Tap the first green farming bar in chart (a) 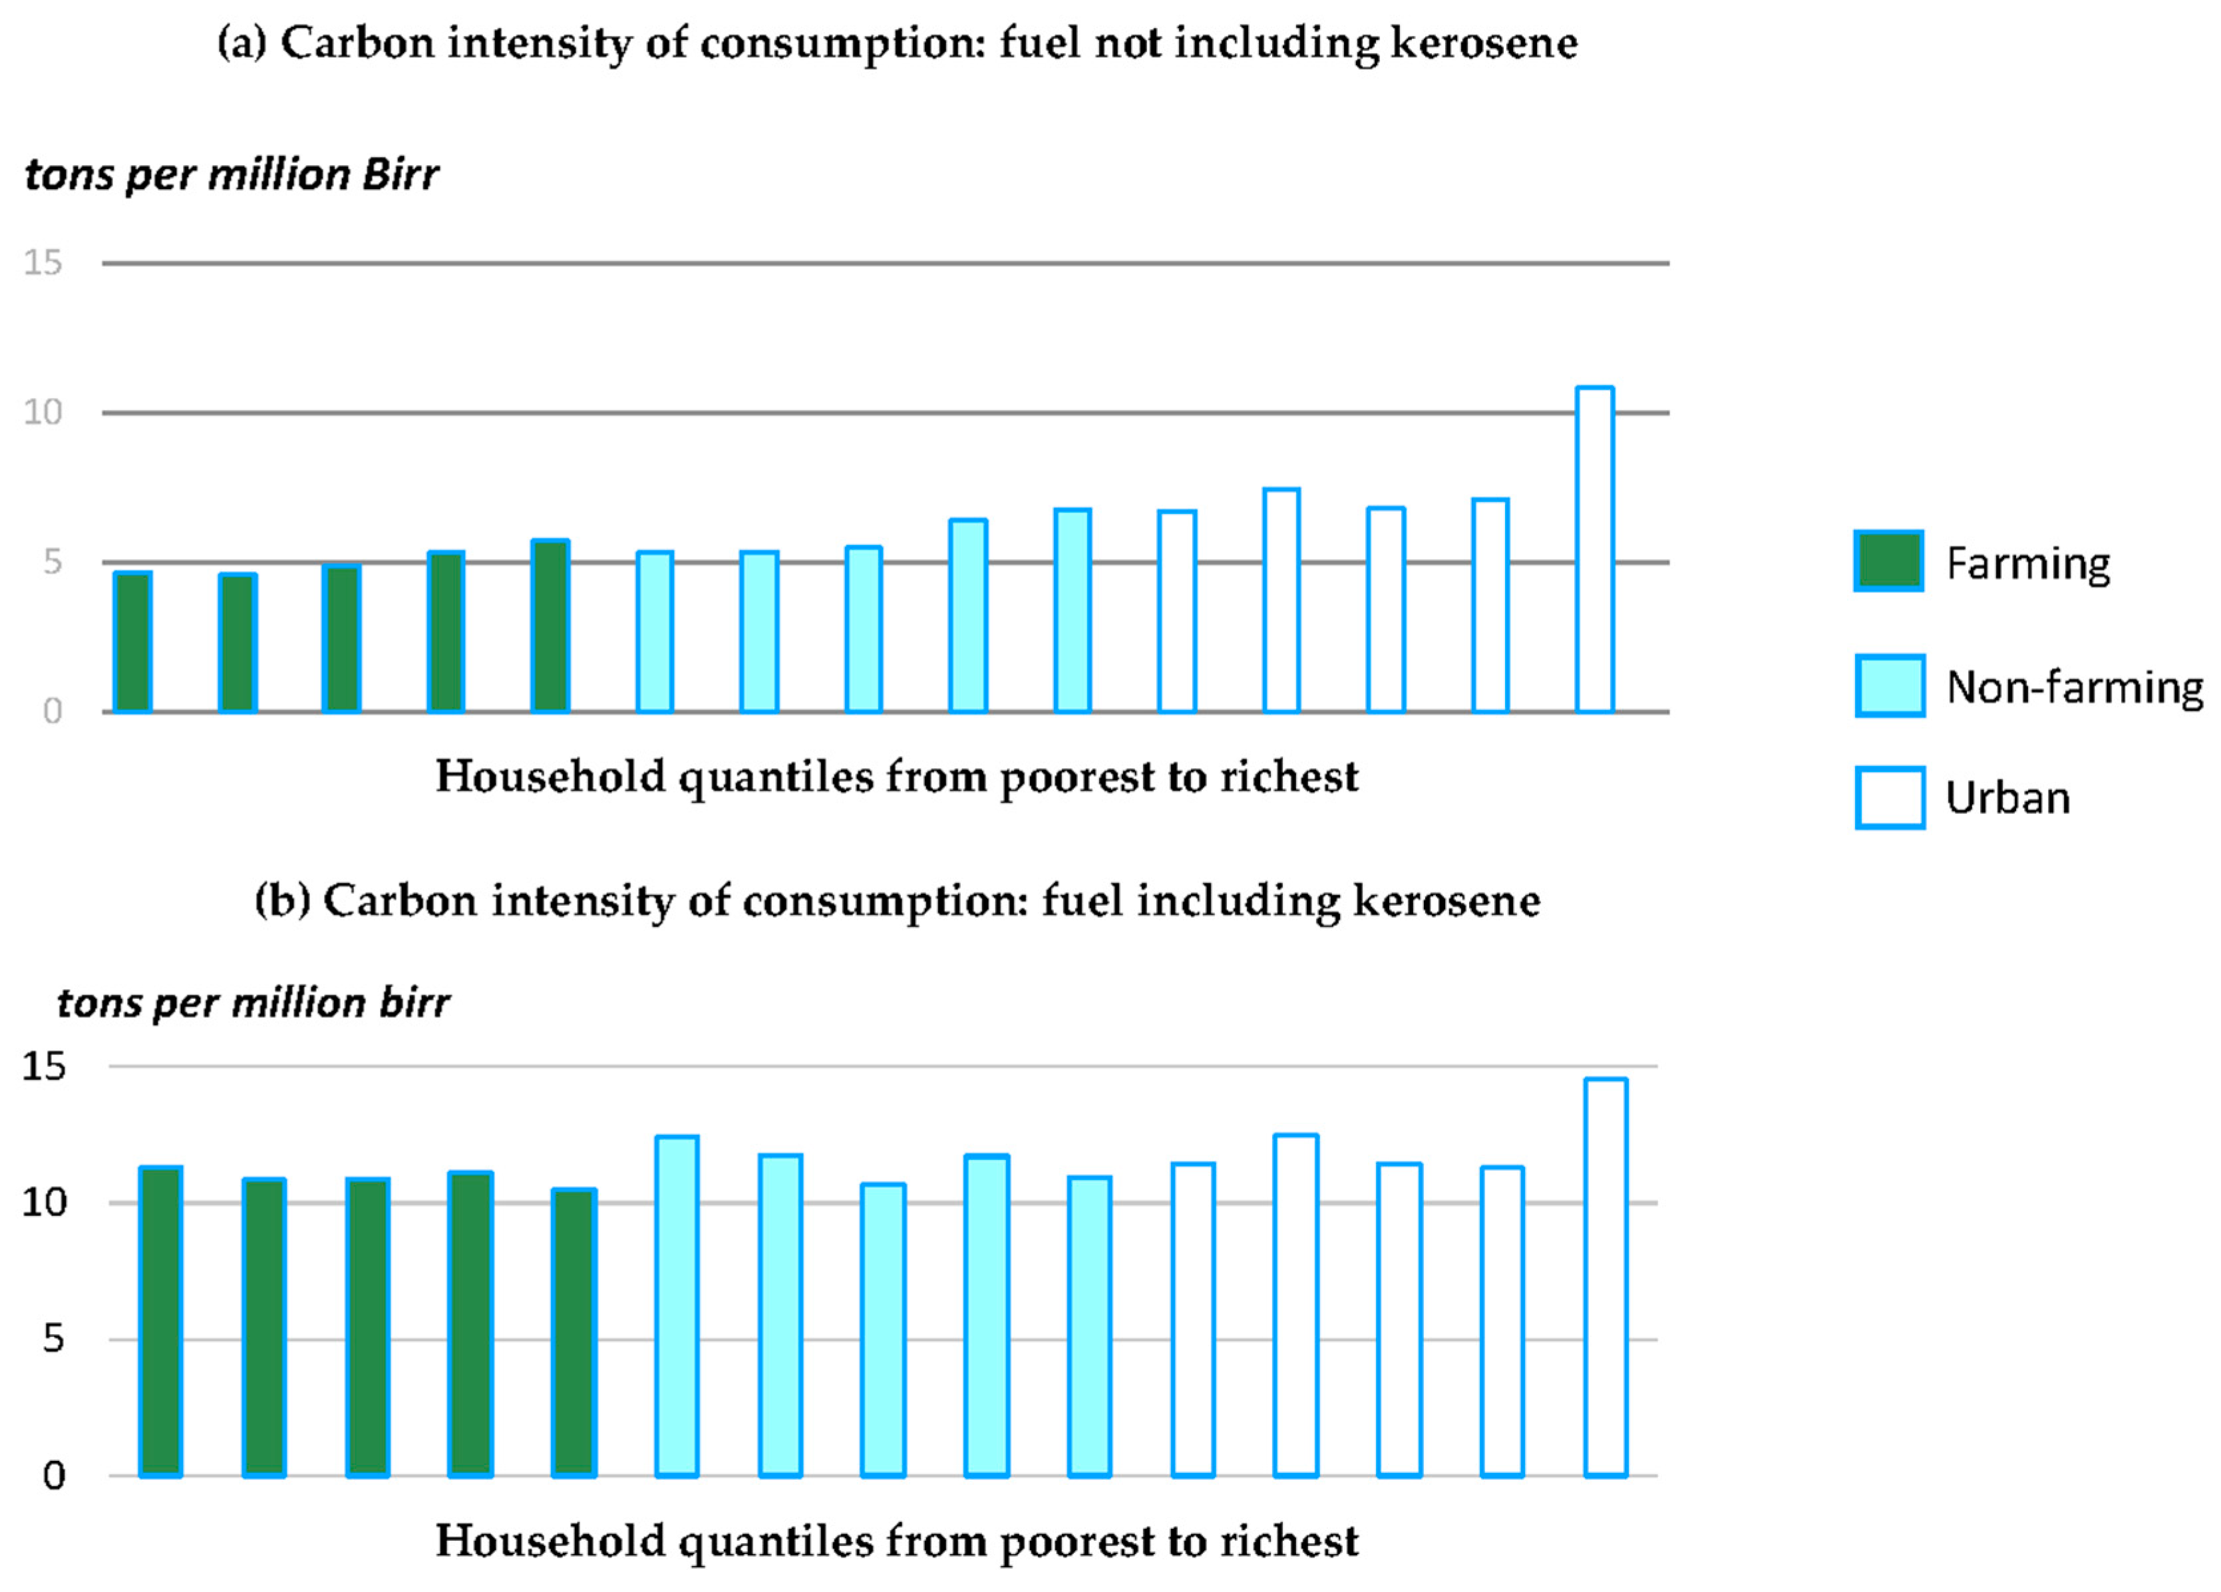pos(132,642)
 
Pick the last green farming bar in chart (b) pos(574,1332)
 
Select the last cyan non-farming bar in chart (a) pos(1073,610)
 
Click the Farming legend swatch pos(1888,561)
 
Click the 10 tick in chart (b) pos(44,1202)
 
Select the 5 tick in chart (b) pos(53,1338)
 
